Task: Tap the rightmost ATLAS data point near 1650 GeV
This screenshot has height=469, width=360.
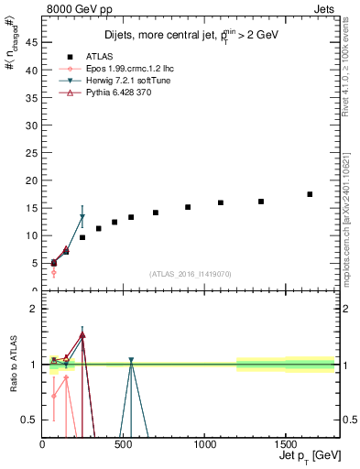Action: click(310, 194)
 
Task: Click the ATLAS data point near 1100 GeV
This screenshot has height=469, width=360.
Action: click(221, 202)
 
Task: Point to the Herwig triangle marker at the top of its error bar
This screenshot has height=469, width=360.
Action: click(82, 217)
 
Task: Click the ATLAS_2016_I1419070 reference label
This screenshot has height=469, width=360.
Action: click(190, 274)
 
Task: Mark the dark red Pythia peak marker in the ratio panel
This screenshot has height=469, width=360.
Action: click(82, 335)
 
